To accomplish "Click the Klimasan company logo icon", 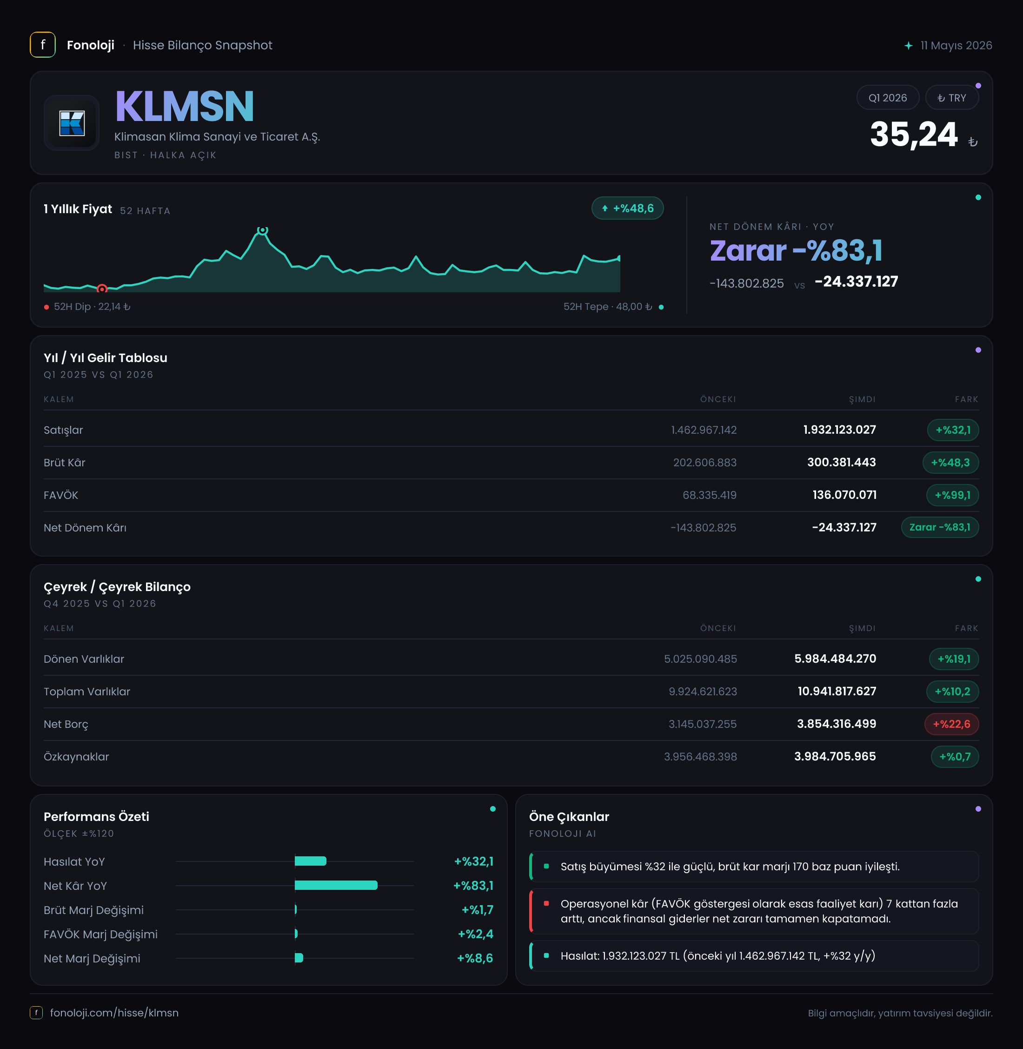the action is [x=72, y=123].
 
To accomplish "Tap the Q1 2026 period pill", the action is [x=888, y=98].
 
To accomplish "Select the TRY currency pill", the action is [x=951, y=98].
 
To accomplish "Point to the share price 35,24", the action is [x=913, y=134].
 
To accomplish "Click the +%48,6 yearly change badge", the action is [x=628, y=208].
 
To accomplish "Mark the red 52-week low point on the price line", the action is [x=101, y=289].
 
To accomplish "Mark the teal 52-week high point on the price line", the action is [x=262, y=230].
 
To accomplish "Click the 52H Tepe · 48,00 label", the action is [x=608, y=307].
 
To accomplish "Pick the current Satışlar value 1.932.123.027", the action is [x=839, y=430].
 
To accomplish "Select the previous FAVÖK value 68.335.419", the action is [x=709, y=495].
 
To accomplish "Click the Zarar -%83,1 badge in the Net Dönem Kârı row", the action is [x=940, y=527].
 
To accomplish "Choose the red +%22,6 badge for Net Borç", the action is [x=951, y=724].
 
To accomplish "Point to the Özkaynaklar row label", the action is [x=76, y=757].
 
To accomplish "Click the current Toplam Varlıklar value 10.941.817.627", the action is [x=837, y=692].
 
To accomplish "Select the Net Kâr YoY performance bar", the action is [x=336, y=885].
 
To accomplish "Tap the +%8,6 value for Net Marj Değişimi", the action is [x=475, y=958].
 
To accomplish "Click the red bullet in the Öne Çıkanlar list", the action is [x=546, y=903].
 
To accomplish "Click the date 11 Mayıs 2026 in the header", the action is [x=956, y=45].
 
